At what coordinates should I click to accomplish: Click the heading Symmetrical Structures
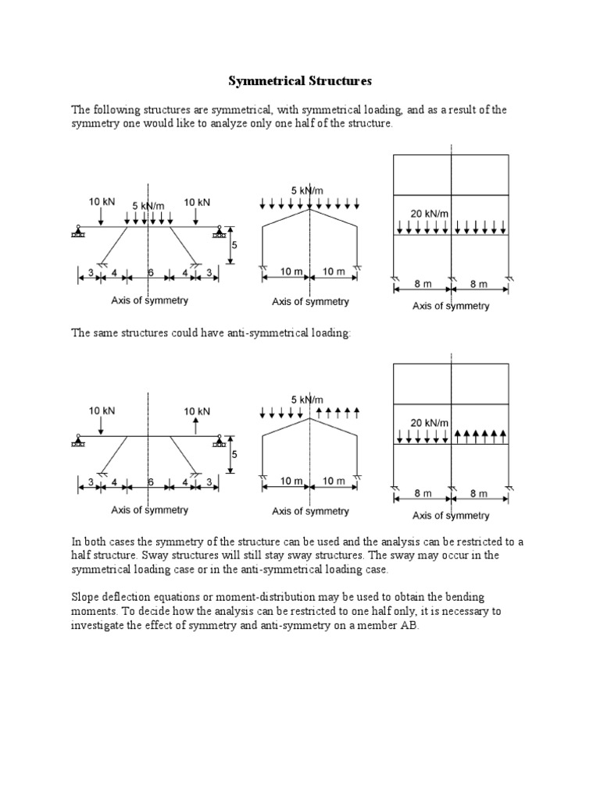(300, 80)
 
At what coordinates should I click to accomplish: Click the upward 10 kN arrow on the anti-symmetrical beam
(196, 425)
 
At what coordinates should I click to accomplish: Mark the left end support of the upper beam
(79, 231)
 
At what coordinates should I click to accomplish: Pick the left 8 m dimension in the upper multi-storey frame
(422, 286)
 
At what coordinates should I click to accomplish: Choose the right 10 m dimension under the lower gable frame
(334, 481)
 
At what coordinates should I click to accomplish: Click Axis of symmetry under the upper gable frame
(310, 301)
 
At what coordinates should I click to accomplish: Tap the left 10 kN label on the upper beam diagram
(101, 201)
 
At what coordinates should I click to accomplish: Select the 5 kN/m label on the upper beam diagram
(149, 206)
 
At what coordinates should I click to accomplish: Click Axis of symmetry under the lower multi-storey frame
(451, 515)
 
